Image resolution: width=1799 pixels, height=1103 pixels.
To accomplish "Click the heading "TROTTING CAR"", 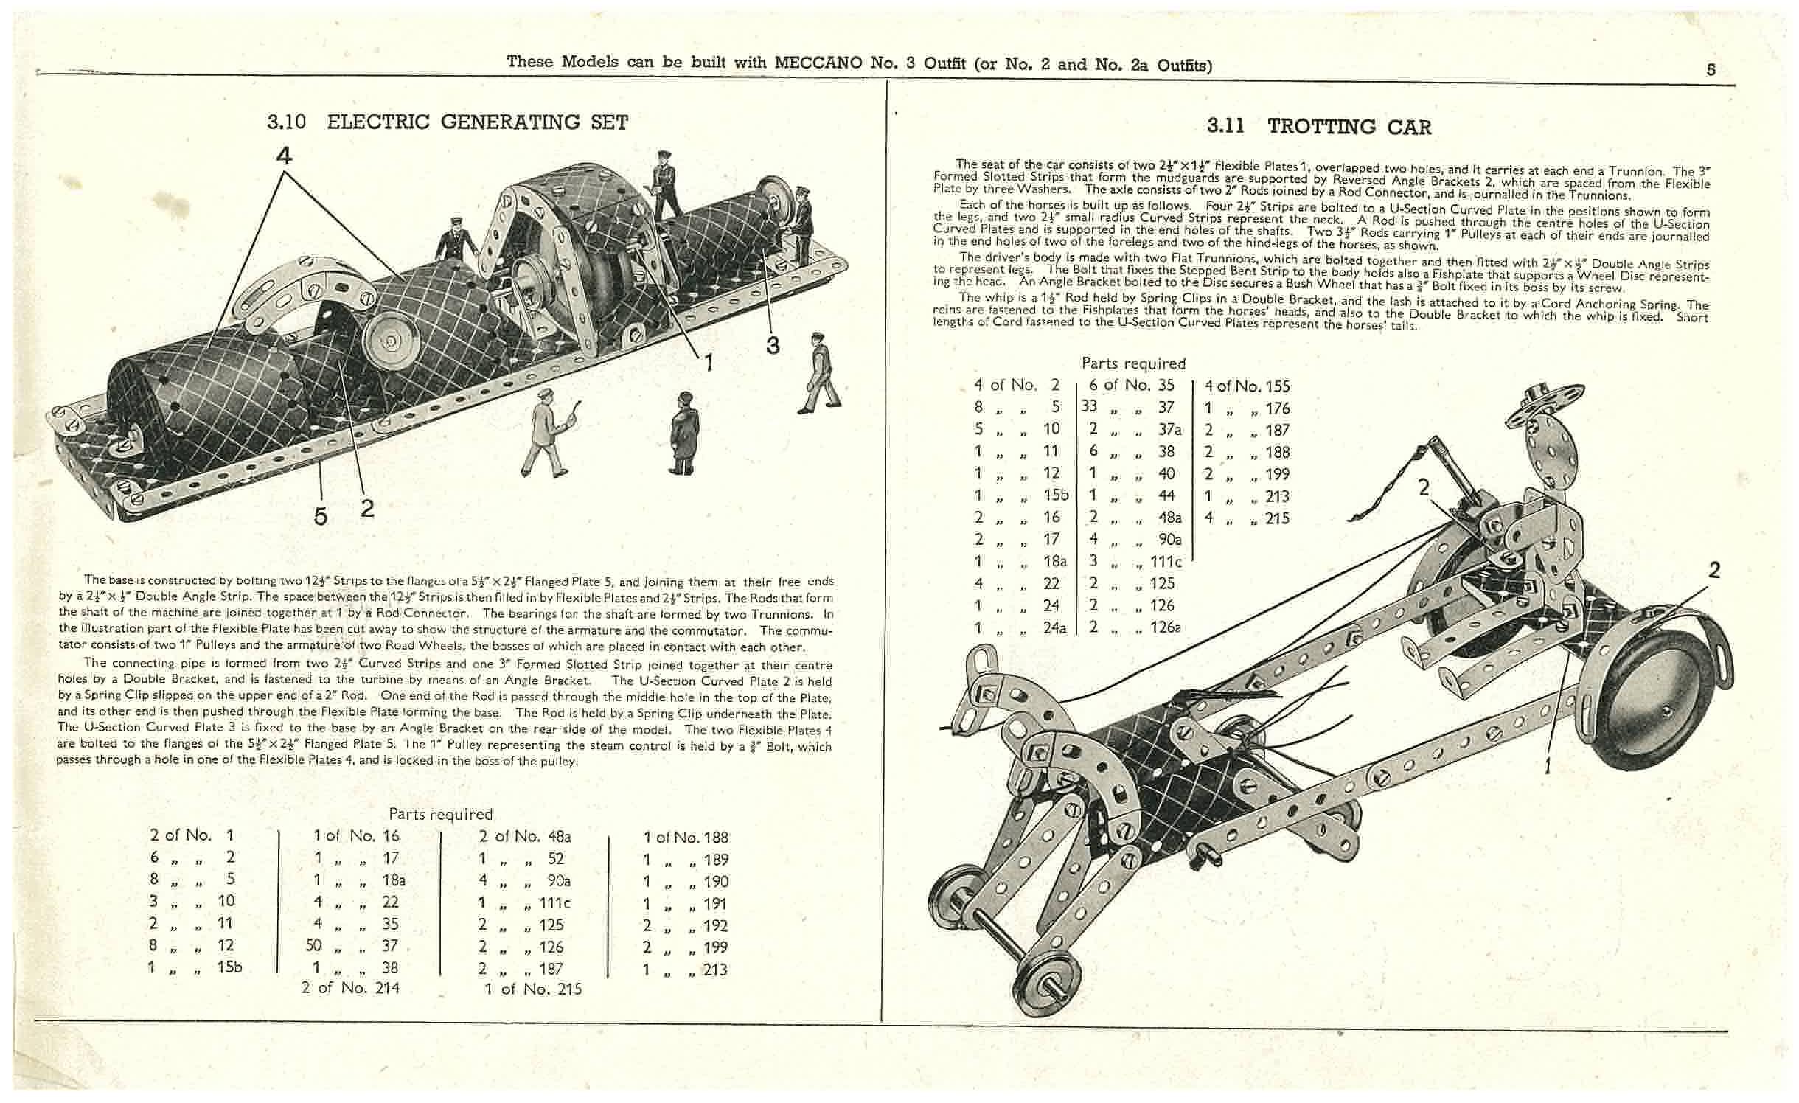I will [x=1349, y=127].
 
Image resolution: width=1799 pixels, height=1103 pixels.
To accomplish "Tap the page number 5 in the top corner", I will [x=1711, y=70].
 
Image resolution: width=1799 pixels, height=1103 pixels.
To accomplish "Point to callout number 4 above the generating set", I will [x=284, y=156].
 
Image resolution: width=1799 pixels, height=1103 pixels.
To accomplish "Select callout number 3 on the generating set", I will [x=772, y=345].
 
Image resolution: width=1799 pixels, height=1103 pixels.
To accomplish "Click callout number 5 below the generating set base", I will [x=320, y=516].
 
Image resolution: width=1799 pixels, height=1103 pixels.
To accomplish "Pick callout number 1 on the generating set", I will [x=708, y=361].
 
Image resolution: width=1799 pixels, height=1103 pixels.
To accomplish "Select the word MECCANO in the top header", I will [x=817, y=63].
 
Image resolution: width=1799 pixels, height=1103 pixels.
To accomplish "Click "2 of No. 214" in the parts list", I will [x=350, y=987].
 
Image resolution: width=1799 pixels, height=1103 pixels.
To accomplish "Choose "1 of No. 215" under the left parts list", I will [x=533, y=989].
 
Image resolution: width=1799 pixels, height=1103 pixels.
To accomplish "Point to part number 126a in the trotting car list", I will [x=1165, y=627].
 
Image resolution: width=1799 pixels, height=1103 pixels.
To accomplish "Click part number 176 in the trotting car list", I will [x=1277, y=408].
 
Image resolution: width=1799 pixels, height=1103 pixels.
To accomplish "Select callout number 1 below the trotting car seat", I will [x=1548, y=767].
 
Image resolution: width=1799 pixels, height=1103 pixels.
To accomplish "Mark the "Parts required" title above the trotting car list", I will [x=1133, y=363].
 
